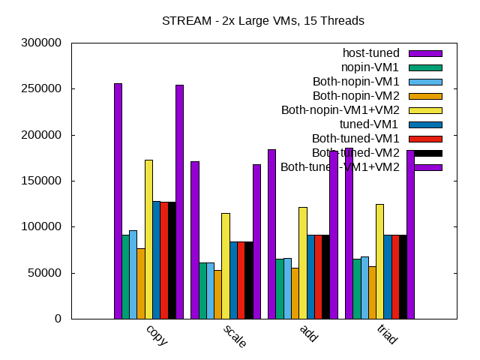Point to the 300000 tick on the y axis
43,43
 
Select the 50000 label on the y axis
46,273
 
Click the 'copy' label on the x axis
157,334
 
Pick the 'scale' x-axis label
234,337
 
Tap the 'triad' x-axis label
387,335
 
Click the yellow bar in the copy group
148,239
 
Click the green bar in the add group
279,289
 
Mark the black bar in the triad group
403,277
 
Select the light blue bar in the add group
287,288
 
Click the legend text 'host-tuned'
370,52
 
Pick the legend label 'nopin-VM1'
370,67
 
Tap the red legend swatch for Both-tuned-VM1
425,139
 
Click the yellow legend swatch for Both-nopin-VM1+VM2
425,110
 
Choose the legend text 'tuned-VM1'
370,124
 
